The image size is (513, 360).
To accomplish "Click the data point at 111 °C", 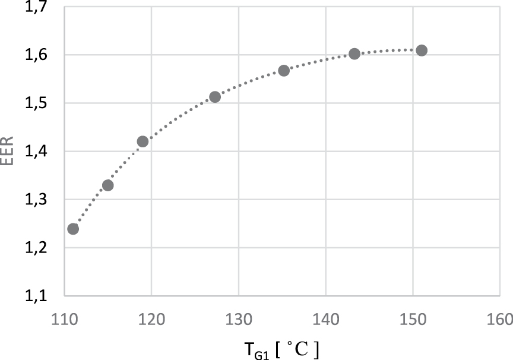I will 73,229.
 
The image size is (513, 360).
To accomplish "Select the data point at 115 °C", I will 107,185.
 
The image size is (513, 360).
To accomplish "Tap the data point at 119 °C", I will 142,141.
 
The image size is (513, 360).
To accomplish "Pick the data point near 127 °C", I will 215,97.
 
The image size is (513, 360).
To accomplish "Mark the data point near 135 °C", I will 284,71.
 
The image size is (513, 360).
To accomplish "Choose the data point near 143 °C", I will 354,54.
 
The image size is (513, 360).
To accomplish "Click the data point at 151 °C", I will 422,50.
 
